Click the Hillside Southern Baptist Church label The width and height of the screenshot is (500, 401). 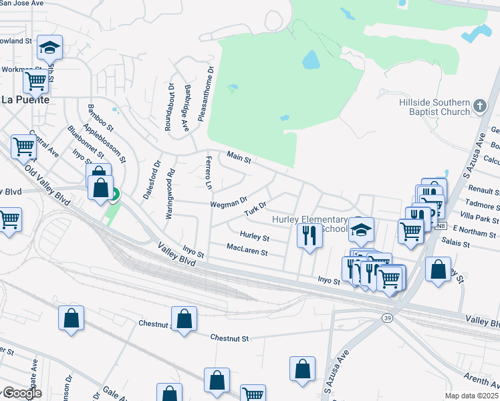point(434,107)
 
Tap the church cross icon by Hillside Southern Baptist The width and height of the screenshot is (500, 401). point(479,106)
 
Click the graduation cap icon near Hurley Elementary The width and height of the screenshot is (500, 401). point(362,229)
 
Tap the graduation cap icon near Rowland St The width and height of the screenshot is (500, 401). point(49,47)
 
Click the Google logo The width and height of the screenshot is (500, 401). point(21,393)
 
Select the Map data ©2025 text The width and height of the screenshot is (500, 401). point(471,396)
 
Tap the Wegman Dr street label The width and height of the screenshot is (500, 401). point(229,201)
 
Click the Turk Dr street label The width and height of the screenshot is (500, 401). point(255,209)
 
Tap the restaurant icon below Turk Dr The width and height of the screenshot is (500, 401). point(308,236)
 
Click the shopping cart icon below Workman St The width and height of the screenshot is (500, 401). point(35,82)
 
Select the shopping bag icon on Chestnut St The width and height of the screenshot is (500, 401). point(184,318)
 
